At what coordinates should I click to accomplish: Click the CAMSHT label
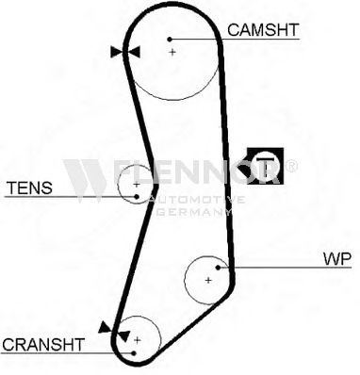(263, 30)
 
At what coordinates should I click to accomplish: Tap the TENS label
(29, 187)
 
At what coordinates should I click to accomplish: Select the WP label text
(337, 259)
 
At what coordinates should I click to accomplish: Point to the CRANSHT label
(43, 345)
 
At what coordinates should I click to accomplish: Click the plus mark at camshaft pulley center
(172, 52)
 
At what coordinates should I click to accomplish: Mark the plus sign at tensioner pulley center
(136, 185)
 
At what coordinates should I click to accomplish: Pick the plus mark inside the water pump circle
(208, 280)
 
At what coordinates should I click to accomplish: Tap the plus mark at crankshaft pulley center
(138, 340)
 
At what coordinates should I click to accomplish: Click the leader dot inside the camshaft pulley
(170, 40)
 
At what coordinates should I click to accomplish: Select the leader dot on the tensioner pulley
(137, 197)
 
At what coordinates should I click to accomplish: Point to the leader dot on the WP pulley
(218, 268)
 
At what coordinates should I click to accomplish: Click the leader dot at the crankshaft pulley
(134, 353)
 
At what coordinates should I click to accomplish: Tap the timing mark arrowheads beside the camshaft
(125, 52)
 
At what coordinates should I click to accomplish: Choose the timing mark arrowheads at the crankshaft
(114, 332)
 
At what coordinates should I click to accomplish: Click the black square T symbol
(265, 166)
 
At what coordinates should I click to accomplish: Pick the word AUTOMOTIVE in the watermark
(197, 200)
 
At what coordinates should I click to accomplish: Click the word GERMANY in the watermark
(193, 212)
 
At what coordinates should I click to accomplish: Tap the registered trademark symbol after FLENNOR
(290, 166)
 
